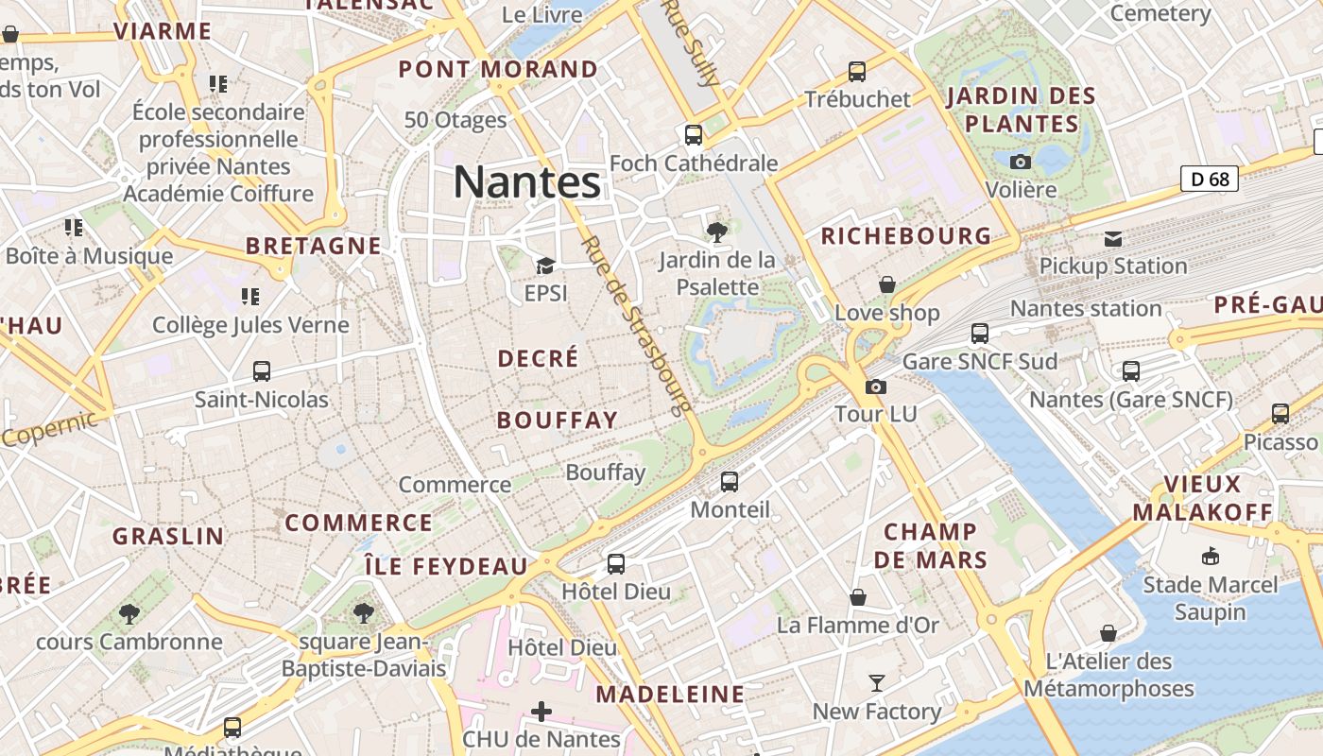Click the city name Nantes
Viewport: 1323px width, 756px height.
526,181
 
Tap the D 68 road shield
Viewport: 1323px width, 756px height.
1209,179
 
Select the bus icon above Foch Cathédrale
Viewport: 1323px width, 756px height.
694,135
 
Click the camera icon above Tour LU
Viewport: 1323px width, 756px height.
876,387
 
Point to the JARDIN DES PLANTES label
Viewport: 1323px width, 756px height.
1022,110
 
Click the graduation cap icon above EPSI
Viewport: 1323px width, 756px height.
545,266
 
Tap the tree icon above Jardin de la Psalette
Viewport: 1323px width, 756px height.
716,231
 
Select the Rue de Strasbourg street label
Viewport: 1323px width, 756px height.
635,326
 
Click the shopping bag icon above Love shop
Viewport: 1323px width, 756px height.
886,284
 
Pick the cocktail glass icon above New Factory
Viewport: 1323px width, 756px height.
877,682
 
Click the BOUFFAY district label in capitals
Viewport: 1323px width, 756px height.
558,421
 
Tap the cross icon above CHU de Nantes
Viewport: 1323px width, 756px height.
541,711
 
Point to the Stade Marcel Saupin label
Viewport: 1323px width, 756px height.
1210,598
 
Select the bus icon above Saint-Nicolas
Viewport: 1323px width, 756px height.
262,371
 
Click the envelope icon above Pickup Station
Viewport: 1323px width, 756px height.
1113,239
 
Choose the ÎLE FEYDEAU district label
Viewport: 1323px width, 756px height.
446,566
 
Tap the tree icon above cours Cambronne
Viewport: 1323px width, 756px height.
129,614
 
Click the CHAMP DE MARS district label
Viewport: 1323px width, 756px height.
930,545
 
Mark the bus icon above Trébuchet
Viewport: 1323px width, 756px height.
857,71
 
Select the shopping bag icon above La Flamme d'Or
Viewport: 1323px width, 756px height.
858,597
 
